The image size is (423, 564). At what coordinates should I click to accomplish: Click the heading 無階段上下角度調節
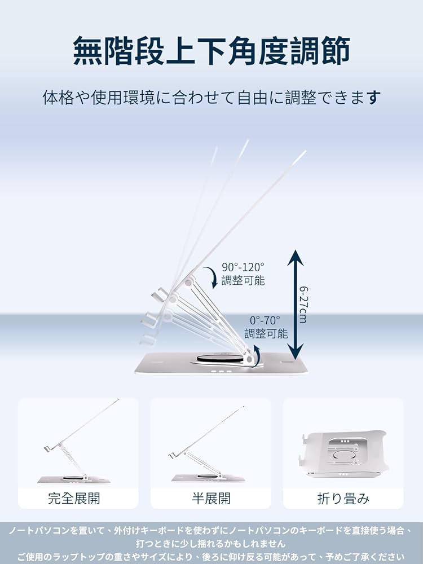coord(211,51)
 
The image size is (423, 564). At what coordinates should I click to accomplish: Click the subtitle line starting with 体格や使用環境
coord(211,98)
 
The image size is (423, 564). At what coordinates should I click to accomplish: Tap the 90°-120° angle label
coord(243,267)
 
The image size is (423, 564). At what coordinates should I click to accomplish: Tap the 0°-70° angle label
coord(265,320)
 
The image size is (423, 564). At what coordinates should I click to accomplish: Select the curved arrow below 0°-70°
coord(256,355)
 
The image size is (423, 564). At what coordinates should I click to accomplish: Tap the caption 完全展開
coord(78,499)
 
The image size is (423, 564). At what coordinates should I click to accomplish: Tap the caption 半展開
coord(210,499)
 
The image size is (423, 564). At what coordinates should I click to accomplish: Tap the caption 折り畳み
coord(343,499)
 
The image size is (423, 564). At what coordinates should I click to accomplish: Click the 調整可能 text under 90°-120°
coord(243,280)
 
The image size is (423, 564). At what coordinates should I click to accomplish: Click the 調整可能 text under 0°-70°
coord(266,333)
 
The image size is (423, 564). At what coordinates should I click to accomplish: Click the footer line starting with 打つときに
coord(211,544)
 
